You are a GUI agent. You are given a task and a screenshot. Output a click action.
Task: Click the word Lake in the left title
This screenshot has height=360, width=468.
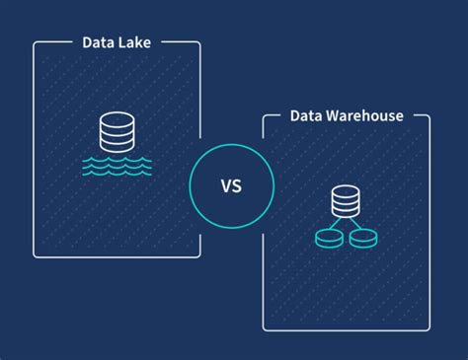(137, 42)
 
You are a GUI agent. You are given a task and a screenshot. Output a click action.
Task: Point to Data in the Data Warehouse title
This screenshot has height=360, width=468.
(308, 115)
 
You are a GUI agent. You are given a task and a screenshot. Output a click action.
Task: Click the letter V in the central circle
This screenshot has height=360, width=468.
(225, 183)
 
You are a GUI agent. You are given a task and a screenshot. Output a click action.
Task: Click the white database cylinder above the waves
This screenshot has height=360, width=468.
(117, 132)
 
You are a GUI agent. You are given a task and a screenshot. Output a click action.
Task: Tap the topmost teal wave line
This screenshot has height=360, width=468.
(117, 157)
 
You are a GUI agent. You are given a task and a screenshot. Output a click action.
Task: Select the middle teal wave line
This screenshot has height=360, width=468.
(117, 165)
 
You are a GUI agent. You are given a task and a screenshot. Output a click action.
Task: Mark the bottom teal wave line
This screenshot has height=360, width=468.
(117, 173)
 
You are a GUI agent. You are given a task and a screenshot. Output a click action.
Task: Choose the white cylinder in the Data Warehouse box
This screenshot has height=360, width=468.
(346, 201)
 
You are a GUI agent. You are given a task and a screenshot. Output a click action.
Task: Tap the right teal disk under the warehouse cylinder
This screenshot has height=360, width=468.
(362, 238)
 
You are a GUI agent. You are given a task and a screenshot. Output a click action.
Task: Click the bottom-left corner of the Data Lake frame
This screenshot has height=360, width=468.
(35, 255)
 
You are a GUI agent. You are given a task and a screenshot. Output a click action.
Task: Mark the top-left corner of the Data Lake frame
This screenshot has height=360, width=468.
(35, 43)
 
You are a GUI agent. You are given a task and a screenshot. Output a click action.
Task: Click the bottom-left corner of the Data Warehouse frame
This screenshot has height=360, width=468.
(264, 328)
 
